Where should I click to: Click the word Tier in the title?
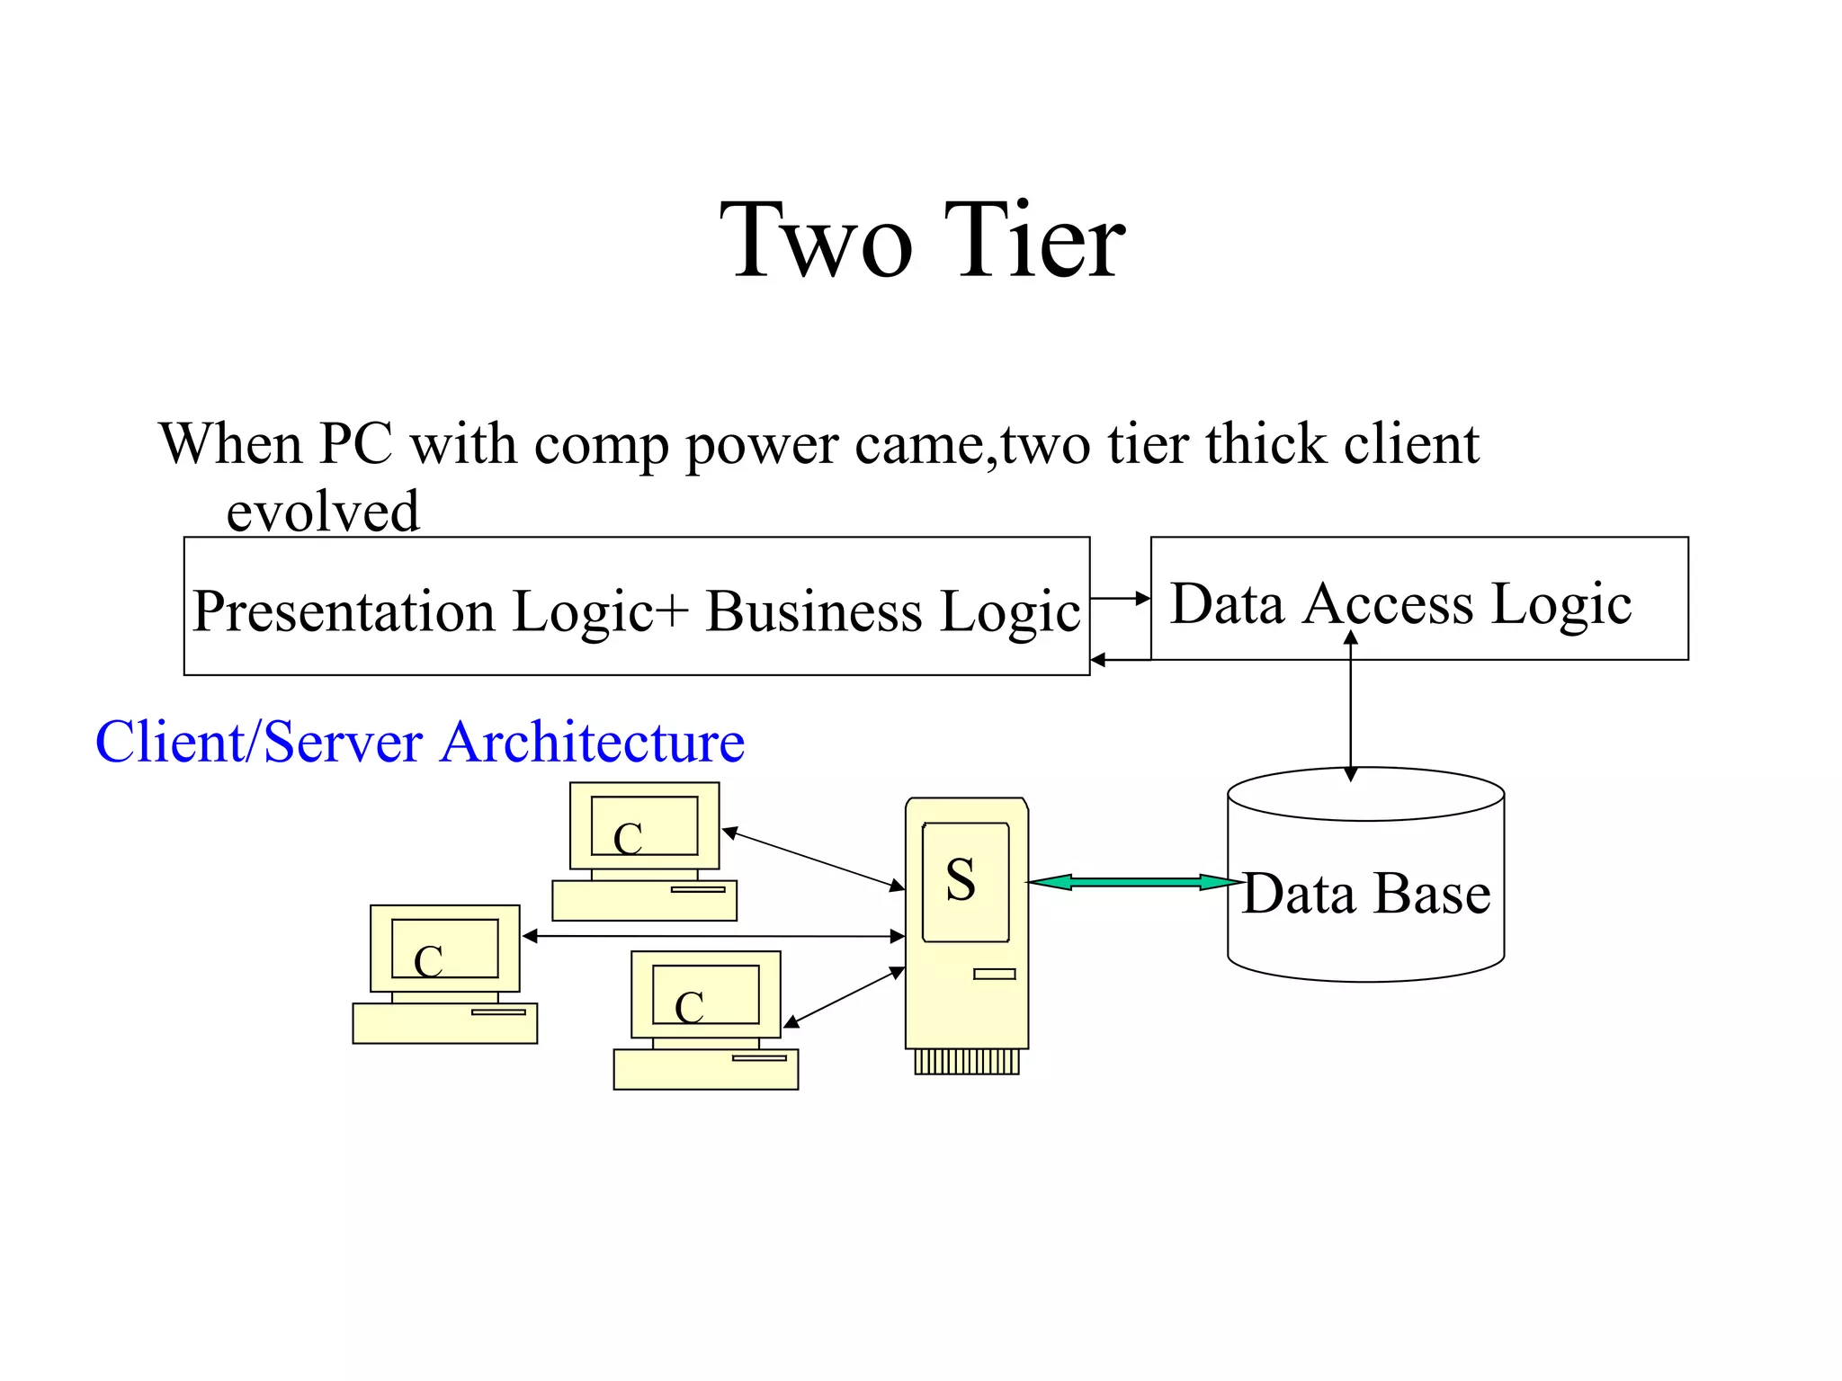point(1034,241)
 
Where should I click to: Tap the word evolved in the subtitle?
point(322,512)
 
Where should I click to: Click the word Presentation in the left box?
point(343,611)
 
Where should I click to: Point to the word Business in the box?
point(813,611)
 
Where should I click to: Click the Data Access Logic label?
point(1400,603)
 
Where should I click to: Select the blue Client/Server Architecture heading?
point(420,743)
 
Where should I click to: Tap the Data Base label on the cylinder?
point(1365,894)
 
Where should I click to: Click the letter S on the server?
point(961,879)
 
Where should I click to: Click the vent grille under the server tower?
point(967,1062)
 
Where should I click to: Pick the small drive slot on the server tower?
point(994,975)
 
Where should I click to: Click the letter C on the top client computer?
point(628,839)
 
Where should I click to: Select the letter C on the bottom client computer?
point(689,1008)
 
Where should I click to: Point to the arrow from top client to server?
point(813,860)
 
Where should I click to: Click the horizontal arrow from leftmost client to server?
point(713,936)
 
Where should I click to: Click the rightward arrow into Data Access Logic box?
point(1121,598)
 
